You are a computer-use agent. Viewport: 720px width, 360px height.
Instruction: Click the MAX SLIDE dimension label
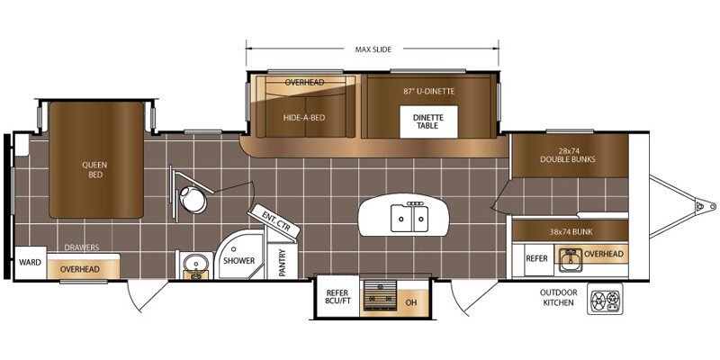[x=373, y=49]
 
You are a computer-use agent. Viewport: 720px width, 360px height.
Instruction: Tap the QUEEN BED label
[x=95, y=170]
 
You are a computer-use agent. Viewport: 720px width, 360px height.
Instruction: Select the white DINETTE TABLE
[x=428, y=121]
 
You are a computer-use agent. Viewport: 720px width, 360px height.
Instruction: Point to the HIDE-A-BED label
[x=304, y=118]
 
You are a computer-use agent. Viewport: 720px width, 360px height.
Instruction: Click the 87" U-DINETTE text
[x=429, y=92]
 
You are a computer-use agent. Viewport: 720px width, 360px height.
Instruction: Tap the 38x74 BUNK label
[x=571, y=232]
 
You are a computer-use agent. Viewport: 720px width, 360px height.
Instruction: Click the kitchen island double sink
[x=409, y=218]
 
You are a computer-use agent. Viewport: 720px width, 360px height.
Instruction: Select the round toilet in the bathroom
[x=193, y=200]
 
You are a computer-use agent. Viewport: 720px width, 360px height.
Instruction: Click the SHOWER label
[x=238, y=261]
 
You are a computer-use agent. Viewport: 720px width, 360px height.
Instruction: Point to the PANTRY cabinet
[x=282, y=261]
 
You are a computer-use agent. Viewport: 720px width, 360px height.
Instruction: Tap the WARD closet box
[x=30, y=263]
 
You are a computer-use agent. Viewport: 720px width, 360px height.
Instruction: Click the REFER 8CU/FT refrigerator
[x=337, y=297]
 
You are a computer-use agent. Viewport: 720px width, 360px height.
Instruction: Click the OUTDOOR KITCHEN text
[x=558, y=298]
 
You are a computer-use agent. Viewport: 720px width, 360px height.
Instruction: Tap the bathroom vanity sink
[x=195, y=265]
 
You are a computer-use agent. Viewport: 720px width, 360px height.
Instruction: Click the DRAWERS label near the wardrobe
[x=82, y=247]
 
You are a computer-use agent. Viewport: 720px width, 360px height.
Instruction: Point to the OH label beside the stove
[x=411, y=302]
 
